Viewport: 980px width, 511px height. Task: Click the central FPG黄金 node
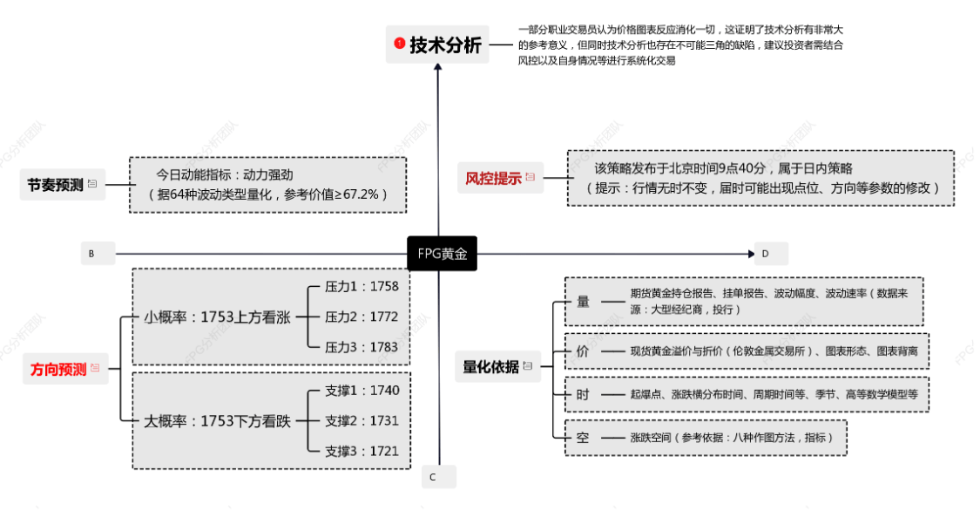pyautogui.click(x=442, y=253)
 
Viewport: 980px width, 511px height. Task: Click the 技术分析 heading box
pyautogui.click(x=437, y=44)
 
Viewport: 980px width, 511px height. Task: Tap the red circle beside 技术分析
pyautogui.click(x=399, y=43)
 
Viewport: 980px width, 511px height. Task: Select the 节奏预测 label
pyautogui.click(x=55, y=185)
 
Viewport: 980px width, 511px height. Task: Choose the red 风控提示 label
pyautogui.click(x=493, y=178)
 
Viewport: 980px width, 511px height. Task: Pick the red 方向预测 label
pyautogui.click(x=58, y=369)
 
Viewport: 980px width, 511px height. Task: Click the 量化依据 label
pyautogui.click(x=490, y=366)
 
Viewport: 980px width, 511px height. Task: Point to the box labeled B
pyautogui.click(x=98, y=253)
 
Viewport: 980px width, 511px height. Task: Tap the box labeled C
pyautogui.click(x=439, y=477)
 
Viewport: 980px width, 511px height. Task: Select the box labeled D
pyautogui.click(x=771, y=253)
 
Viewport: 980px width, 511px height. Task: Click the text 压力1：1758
pyautogui.click(x=362, y=287)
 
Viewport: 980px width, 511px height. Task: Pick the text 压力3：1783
pyautogui.click(x=362, y=347)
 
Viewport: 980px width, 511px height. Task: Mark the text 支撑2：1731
pyautogui.click(x=362, y=420)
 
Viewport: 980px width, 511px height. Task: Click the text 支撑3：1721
pyautogui.click(x=362, y=451)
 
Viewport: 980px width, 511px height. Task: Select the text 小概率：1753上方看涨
pyautogui.click(x=217, y=317)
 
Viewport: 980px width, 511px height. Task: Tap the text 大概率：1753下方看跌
pyautogui.click(x=217, y=421)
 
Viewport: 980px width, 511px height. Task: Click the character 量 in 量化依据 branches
pyautogui.click(x=583, y=302)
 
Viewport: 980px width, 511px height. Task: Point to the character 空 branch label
pyautogui.click(x=583, y=437)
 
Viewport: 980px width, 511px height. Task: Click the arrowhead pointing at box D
pyautogui.click(x=751, y=253)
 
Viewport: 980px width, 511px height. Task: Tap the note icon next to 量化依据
pyautogui.click(x=528, y=366)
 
